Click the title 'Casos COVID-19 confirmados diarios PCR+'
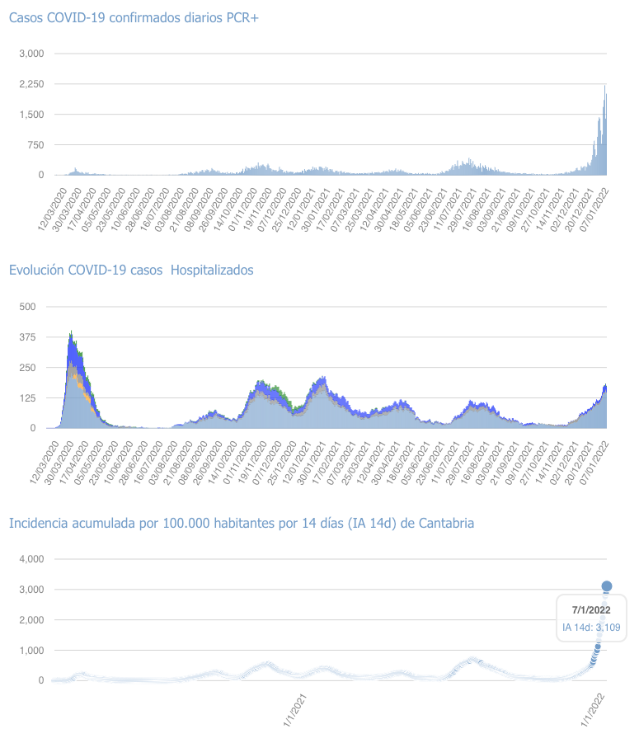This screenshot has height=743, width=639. click(134, 18)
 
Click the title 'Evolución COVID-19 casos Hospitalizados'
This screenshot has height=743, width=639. click(131, 270)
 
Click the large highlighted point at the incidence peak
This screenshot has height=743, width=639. click(606, 586)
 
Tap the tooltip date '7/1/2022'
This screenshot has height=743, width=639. click(591, 610)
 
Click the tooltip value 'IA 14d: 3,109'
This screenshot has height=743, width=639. click(591, 628)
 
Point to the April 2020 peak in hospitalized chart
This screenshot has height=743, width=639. click(72, 332)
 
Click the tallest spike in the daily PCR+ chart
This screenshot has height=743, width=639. click(604, 86)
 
